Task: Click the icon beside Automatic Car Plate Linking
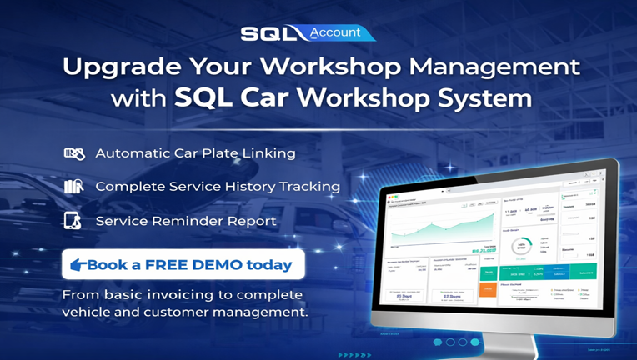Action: point(74,153)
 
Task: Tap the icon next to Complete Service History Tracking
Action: point(74,187)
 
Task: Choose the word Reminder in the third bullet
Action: point(176,221)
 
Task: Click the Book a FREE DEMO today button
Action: point(183,265)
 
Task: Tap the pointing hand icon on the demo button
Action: point(78,265)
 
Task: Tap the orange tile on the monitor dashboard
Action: point(488,289)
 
